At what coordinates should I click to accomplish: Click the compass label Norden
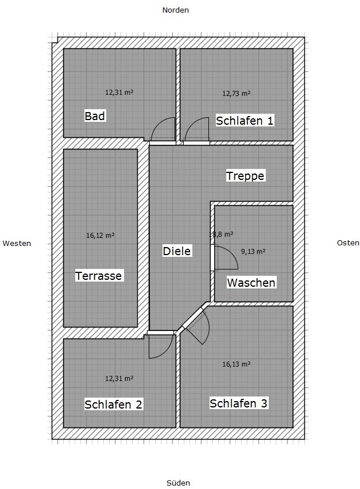(176, 10)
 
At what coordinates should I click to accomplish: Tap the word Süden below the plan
(178, 483)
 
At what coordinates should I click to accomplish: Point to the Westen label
(17, 243)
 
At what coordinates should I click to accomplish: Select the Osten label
(348, 242)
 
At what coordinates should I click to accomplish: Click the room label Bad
(95, 116)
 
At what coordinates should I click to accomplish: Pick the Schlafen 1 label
(245, 120)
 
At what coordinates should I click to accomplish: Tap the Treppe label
(245, 175)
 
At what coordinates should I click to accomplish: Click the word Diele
(176, 251)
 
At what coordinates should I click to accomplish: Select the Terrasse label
(99, 276)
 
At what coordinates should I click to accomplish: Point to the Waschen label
(251, 282)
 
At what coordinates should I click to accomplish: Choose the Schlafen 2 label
(113, 404)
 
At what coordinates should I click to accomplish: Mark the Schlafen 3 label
(238, 403)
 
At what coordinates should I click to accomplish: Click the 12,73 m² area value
(236, 93)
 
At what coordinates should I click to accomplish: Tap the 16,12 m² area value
(100, 235)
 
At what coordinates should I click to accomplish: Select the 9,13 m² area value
(253, 251)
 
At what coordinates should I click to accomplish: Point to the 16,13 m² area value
(236, 364)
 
